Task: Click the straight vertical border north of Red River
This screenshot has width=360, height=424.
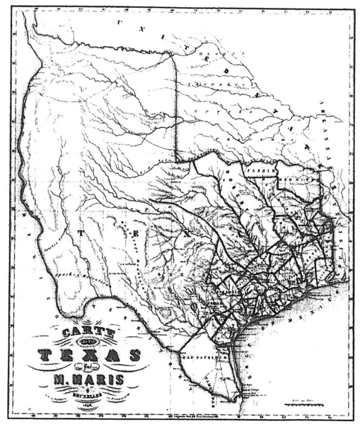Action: tap(175, 106)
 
